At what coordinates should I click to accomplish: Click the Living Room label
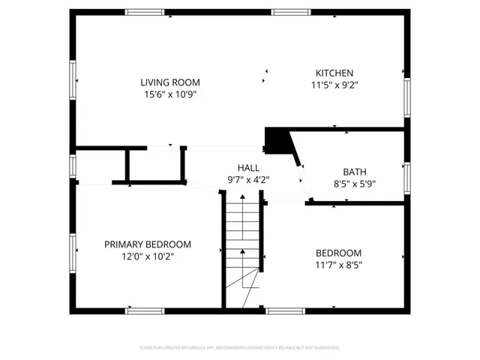[170, 82]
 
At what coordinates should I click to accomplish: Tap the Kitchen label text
[334, 73]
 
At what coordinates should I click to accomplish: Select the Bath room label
[355, 172]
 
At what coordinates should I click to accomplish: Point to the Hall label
[248, 168]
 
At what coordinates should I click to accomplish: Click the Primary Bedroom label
[147, 244]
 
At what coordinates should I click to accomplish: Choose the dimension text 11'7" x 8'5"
[338, 264]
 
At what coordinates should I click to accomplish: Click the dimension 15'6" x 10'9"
[170, 94]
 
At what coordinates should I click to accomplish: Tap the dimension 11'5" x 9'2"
[334, 85]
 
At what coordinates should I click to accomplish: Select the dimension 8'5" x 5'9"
[355, 184]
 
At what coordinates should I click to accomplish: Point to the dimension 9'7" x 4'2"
[248, 180]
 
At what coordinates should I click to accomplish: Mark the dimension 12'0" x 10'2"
[147, 256]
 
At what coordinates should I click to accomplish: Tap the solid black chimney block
[278, 140]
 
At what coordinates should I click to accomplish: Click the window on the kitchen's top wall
[288, 12]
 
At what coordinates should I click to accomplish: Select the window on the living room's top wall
[145, 12]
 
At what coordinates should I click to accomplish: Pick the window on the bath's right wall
[407, 176]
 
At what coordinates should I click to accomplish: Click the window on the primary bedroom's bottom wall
[145, 310]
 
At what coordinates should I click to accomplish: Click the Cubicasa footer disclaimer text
[240, 348]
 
